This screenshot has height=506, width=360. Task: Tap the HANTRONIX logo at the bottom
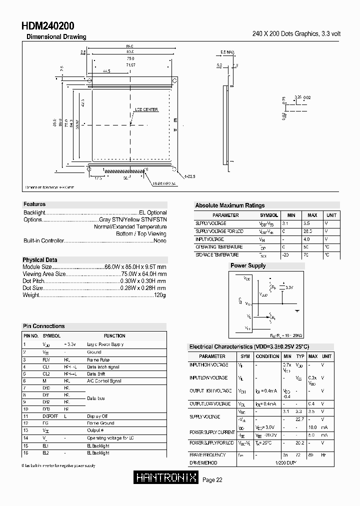tap(166, 478)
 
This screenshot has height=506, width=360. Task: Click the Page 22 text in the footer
tap(212, 480)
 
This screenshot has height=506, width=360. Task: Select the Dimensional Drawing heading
tap(56, 37)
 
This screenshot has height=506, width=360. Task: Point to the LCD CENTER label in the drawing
tap(146, 109)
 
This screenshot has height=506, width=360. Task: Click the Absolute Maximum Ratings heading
tap(229, 205)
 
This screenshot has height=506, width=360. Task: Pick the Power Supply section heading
tap(247, 265)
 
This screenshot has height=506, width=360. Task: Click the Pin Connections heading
tap(44, 326)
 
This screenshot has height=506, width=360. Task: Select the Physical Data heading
tap(39, 260)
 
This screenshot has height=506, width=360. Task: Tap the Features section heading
tap(34, 204)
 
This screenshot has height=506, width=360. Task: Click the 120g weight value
tap(159, 295)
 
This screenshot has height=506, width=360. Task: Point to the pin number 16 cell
tap(25, 453)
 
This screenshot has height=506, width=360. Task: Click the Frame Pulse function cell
tap(98, 360)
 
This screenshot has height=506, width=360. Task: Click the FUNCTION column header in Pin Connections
tap(114, 336)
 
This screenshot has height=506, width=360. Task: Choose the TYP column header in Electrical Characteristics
tap(300, 356)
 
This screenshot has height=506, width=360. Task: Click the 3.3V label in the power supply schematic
tap(288, 287)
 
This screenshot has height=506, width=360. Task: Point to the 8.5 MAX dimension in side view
tap(228, 52)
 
